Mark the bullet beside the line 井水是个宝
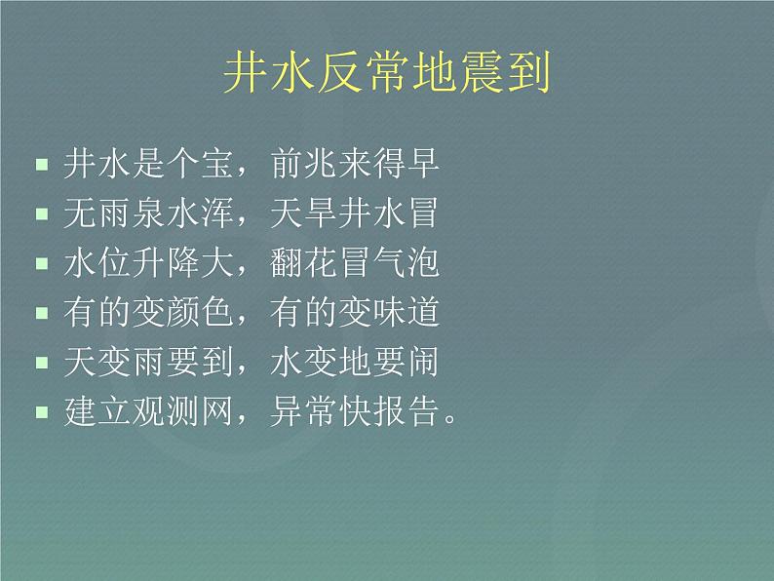coord(41,165)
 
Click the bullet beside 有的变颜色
coord(41,314)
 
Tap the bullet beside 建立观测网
coord(41,413)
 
